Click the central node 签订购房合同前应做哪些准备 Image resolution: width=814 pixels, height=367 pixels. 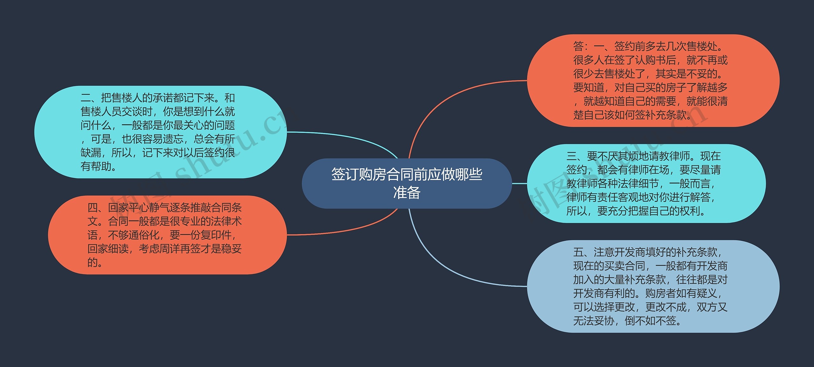[x=406, y=183]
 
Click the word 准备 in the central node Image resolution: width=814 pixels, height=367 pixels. [x=407, y=192]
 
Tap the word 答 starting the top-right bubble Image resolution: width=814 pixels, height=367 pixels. [x=578, y=46]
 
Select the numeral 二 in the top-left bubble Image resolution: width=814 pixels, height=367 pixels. [x=86, y=98]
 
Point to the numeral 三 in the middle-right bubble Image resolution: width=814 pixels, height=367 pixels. [x=571, y=156]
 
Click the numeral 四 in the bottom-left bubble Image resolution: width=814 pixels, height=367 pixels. [x=93, y=208]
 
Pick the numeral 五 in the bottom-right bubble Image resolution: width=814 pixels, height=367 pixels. [x=578, y=252]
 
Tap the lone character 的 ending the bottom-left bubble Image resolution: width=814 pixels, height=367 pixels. [x=93, y=263]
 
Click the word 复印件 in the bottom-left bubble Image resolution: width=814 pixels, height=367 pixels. [x=216, y=235]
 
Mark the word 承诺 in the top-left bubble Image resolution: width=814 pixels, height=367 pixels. [x=163, y=98]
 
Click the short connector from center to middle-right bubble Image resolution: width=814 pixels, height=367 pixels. [x=520, y=183]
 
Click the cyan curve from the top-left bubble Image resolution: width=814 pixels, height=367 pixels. [x=350, y=137]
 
